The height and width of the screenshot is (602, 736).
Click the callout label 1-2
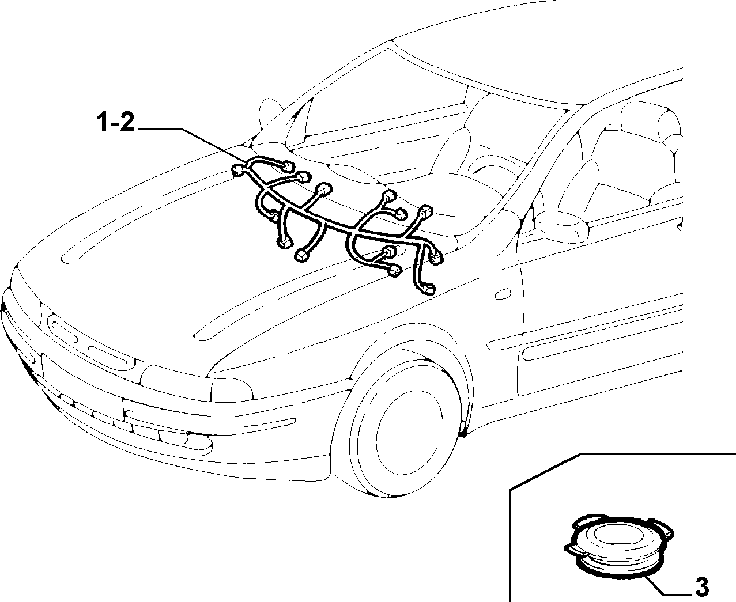[115, 123]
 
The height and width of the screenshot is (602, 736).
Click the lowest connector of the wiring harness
[429, 289]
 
